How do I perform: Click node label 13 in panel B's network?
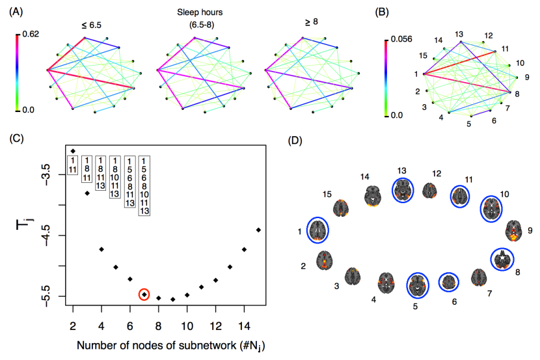(459, 33)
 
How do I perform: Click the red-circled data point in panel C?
(144, 294)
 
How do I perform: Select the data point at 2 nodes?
(73, 151)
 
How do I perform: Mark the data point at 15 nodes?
(258, 230)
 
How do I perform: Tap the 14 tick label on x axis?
(244, 324)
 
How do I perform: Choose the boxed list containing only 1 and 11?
(73, 165)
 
